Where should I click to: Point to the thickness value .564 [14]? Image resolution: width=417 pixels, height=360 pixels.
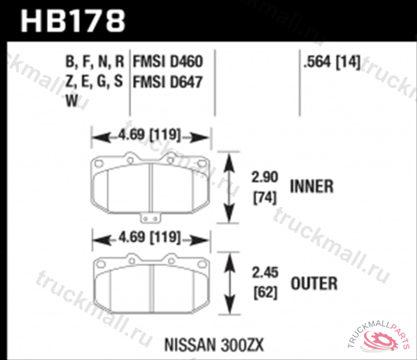[331, 63]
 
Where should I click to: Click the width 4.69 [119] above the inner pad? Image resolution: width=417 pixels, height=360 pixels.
[152, 136]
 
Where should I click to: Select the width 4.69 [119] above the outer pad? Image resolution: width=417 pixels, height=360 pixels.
[152, 238]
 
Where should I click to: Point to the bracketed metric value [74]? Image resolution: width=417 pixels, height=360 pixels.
[264, 197]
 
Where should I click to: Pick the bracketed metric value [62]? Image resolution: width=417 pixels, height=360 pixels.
[264, 293]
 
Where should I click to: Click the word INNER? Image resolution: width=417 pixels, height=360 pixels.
[313, 186]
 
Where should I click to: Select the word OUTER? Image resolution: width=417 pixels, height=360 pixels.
[315, 284]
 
